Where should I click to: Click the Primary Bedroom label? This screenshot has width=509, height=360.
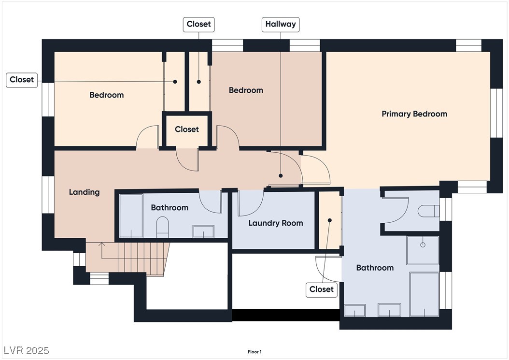click(414, 114)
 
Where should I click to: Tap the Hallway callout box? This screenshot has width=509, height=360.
click(281, 24)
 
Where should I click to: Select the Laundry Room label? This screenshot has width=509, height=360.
click(276, 223)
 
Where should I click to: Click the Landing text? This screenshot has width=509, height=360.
click(84, 192)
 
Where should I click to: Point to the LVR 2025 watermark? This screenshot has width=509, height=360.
click(26, 350)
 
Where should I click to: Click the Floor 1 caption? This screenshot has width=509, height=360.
click(254, 352)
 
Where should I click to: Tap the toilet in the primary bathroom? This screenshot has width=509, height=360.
click(428, 211)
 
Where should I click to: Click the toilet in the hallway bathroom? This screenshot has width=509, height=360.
click(163, 227)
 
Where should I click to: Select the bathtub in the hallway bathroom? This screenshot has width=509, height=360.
click(131, 216)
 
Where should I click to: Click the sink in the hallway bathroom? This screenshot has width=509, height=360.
click(203, 231)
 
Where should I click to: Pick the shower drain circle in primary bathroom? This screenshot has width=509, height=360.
click(423, 245)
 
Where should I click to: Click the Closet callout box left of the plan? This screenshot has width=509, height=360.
click(22, 80)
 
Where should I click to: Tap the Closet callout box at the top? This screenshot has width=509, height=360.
click(198, 24)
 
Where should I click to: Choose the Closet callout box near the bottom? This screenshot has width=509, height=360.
click(321, 289)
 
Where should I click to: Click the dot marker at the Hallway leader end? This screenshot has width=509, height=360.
click(281, 176)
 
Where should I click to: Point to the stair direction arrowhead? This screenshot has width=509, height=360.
click(101, 244)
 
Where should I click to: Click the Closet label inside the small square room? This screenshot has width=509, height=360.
click(187, 130)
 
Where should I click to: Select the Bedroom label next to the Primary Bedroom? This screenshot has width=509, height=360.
click(246, 90)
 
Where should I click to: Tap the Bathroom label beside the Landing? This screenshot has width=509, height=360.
click(170, 208)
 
